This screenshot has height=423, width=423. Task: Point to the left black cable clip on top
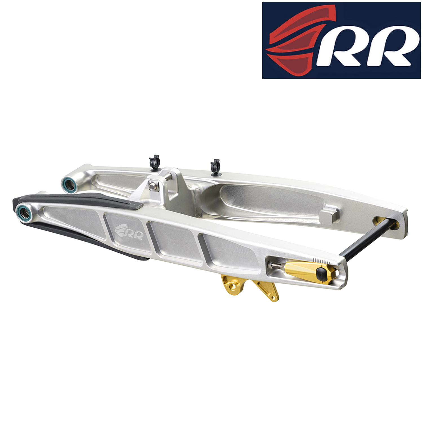pyautogui.click(x=154, y=163)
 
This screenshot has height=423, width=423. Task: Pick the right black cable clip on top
pyautogui.click(x=215, y=167)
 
